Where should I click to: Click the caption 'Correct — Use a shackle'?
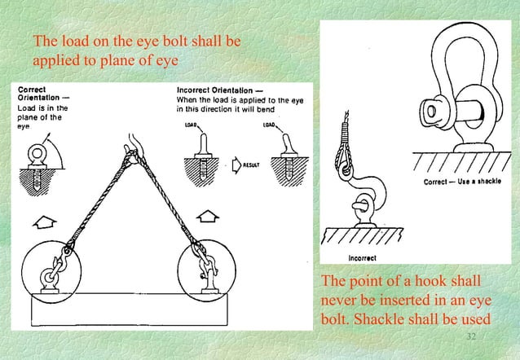[461, 182]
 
